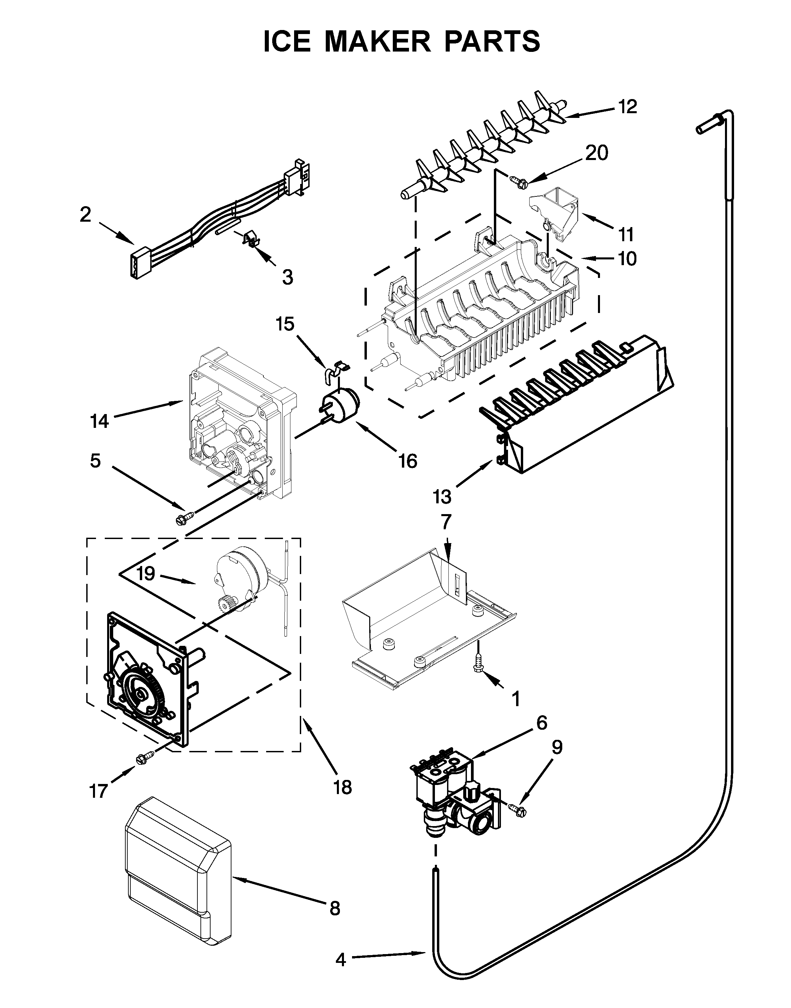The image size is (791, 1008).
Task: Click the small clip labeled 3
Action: [x=251, y=240]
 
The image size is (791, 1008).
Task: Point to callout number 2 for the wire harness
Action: [x=85, y=215]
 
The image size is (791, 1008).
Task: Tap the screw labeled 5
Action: [x=185, y=518]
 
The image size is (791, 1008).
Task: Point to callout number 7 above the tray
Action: [x=445, y=522]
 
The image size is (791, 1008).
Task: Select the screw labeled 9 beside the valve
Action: [x=518, y=808]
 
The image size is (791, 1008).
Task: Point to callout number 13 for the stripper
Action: [x=442, y=497]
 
